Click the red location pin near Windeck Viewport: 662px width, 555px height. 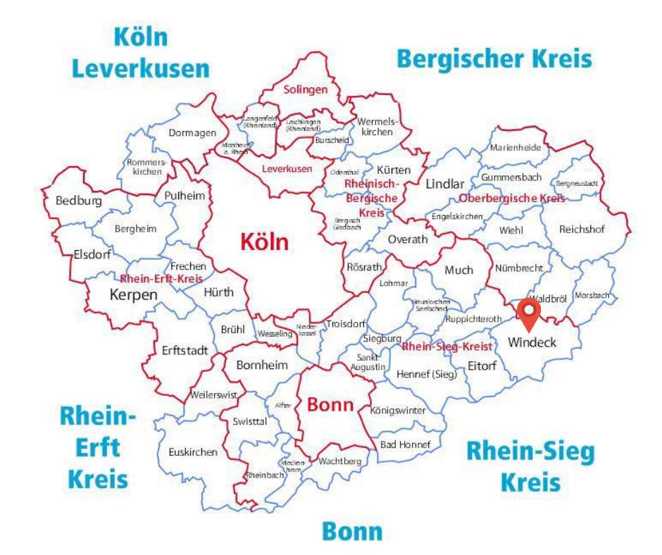click(528, 313)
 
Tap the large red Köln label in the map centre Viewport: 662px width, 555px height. click(264, 242)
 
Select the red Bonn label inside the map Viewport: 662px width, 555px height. click(330, 406)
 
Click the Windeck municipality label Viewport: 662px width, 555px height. click(532, 343)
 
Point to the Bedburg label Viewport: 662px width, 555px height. click(78, 201)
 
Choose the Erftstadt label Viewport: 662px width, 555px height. click(185, 350)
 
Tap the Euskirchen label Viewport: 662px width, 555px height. click(192, 452)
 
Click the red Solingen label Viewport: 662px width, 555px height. click(306, 89)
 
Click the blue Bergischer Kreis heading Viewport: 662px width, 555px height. click(494, 58)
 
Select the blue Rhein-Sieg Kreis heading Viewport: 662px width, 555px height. click(530, 466)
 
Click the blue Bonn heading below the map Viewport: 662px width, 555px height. click(352, 532)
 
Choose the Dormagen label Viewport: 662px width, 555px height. click(189, 132)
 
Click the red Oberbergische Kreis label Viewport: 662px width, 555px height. click(512, 199)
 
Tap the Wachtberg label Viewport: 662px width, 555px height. click(339, 461)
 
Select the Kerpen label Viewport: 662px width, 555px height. click(134, 295)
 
